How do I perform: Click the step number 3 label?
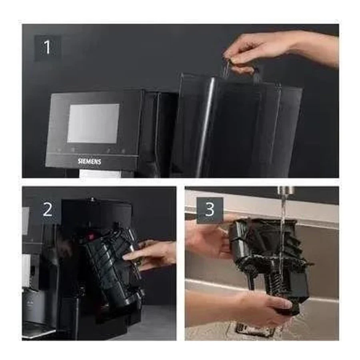(x=210, y=210)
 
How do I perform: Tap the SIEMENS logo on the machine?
(x=90, y=162)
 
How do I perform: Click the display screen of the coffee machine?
(x=94, y=123)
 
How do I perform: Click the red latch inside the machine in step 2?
(x=90, y=236)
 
